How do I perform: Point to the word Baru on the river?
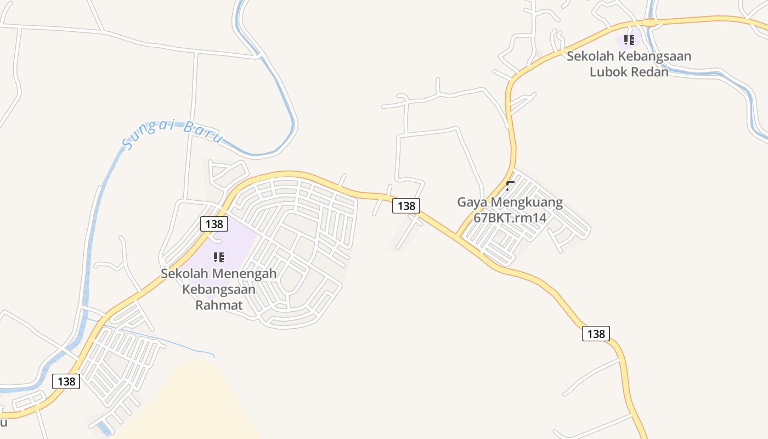pos(202,133)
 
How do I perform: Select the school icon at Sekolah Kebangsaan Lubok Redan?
pos(629,40)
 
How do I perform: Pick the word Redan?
pos(651,71)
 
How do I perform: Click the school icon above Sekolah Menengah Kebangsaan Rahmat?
pos(219,257)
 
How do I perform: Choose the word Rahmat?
pos(219,305)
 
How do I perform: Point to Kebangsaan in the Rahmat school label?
pos(219,289)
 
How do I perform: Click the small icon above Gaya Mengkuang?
pos(510,185)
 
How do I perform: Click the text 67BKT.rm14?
pos(510,217)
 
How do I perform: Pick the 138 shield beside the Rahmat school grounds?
pos(214,224)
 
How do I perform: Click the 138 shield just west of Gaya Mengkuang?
pos(406,206)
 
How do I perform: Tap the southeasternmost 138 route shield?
pos(596,334)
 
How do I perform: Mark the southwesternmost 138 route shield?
pos(66,381)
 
